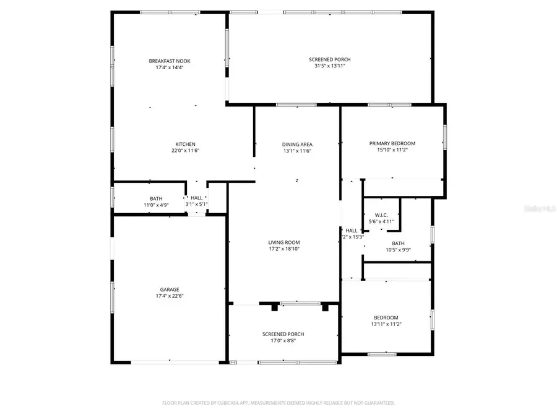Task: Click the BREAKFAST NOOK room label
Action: pos(170,61)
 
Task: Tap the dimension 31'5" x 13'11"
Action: pos(330,66)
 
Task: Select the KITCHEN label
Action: pos(185,144)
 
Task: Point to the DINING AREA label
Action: pos(297,144)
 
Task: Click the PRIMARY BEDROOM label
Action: pos(392,143)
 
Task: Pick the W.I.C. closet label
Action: pos(381,214)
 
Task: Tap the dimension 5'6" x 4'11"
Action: pos(381,221)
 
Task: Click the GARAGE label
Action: pos(170,289)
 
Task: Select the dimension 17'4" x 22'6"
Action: pos(170,296)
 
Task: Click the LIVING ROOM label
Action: pos(284,242)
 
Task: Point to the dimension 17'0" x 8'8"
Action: pos(283,340)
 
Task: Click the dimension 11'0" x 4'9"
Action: pos(156,205)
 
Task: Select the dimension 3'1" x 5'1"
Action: pos(197,204)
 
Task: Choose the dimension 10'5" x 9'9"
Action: pos(398,250)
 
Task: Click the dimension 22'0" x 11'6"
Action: pos(185,151)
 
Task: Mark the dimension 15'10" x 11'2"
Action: pos(392,150)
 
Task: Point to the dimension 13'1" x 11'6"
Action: pos(297,151)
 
